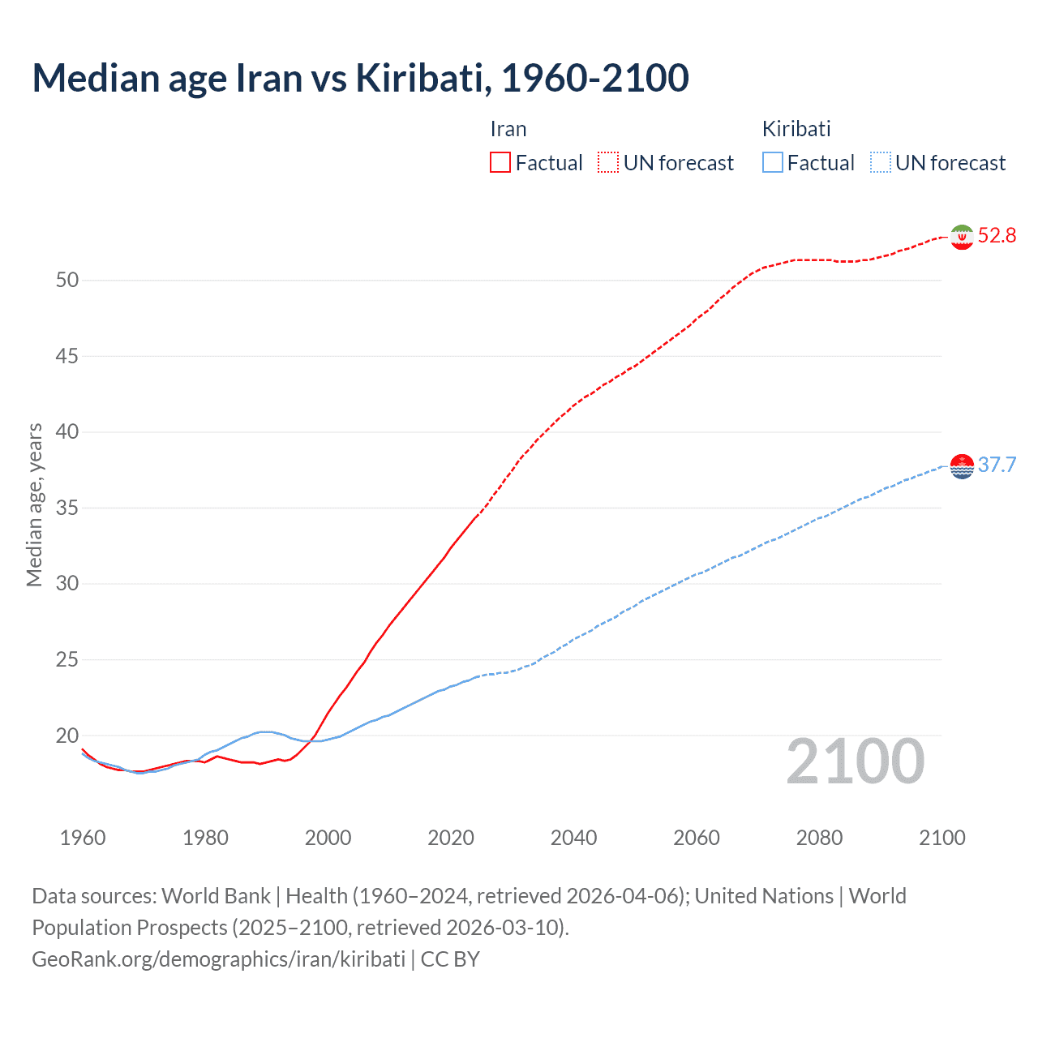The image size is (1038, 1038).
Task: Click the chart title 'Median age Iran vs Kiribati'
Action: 360,78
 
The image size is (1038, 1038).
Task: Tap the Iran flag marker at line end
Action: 962,237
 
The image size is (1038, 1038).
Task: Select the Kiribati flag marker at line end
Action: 962,466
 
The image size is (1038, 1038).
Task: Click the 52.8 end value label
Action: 997,236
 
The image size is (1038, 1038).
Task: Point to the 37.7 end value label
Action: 997,465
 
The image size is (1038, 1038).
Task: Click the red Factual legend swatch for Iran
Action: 500,163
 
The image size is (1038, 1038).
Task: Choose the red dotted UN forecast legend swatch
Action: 608,163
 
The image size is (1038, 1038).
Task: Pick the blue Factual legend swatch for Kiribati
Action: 772,163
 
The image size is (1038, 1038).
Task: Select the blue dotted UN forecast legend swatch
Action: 880,163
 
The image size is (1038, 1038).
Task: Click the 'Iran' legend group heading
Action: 508,129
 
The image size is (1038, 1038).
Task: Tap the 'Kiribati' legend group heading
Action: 796,129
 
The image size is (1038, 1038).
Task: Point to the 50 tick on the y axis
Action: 67,281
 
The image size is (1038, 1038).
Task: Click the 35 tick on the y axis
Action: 67,508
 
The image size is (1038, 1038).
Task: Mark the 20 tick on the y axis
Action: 67,736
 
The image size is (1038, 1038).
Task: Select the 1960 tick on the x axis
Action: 83,838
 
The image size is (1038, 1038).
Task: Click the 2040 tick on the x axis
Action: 573,838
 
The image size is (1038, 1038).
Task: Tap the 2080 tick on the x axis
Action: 819,838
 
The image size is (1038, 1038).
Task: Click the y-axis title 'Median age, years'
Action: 34,504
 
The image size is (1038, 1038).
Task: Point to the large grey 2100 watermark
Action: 856,761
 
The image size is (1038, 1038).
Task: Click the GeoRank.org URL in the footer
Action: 218,959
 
